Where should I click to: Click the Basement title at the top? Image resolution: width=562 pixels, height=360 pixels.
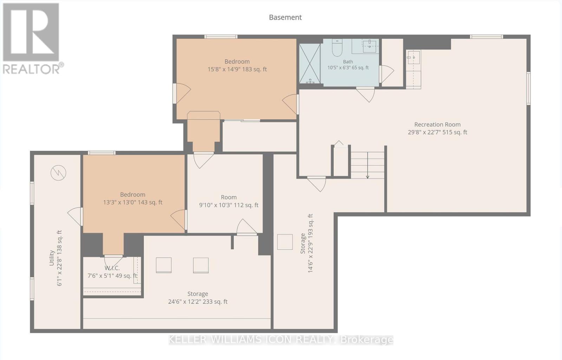[285, 17]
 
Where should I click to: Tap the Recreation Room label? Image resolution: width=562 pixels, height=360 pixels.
[437, 124]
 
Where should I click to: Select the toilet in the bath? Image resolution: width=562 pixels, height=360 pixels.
[337, 47]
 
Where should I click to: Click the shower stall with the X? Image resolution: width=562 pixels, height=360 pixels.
[309, 64]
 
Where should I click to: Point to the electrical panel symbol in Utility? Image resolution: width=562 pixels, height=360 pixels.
[58, 173]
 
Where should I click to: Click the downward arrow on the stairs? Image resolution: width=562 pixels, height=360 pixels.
[367, 165]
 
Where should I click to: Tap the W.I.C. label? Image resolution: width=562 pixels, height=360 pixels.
[112, 268]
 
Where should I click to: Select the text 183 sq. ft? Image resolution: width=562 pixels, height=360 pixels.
[254, 69]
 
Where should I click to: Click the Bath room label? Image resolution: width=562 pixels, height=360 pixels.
[348, 62]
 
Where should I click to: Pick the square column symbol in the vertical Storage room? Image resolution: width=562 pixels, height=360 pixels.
[285, 242]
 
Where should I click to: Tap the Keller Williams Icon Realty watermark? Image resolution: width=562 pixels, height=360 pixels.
[281, 340]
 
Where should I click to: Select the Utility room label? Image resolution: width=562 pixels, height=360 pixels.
[52, 258]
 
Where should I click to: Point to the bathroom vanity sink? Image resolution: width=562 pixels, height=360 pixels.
[370, 46]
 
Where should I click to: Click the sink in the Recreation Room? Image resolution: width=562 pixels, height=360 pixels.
[413, 58]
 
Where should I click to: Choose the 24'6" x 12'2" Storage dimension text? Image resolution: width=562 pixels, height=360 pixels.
[185, 302]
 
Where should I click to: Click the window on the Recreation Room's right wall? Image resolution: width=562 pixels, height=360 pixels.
[528, 88]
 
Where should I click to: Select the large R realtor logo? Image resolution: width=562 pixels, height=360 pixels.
[31, 32]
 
